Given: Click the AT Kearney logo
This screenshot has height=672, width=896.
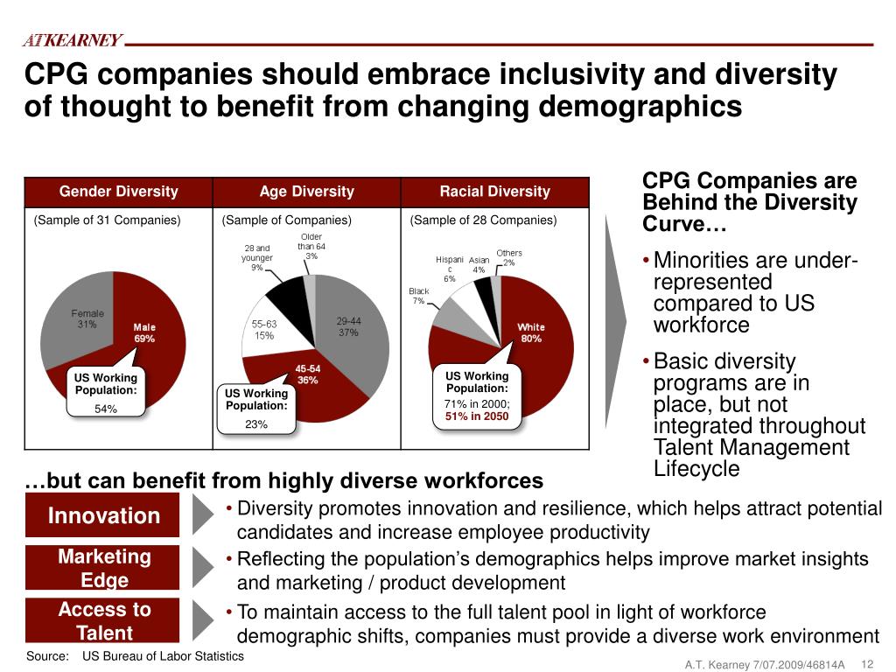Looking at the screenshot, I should click(x=72, y=41).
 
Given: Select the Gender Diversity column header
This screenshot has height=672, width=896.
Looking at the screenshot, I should click(x=118, y=192).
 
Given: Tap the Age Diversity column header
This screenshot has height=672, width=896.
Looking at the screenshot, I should click(x=306, y=192).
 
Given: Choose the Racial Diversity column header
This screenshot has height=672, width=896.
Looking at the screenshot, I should click(x=494, y=192).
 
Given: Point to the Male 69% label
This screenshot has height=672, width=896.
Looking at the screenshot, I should click(x=144, y=333).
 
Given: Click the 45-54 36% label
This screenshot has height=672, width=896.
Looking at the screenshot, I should click(x=307, y=374).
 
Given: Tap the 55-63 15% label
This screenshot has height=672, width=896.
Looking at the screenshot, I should click(x=263, y=329).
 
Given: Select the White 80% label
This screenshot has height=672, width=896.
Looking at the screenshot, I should click(x=530, y=332).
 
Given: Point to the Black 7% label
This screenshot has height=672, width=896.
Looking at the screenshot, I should click(x=418, y=296).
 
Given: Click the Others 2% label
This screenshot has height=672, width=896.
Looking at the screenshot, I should click(x=509, y=257).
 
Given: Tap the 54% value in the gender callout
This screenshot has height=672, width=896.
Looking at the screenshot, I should click(x=106, y=409).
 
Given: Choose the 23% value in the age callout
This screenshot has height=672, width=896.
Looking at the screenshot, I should click(x=256, y=424).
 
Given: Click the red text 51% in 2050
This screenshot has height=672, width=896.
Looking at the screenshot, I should click(x=477, y=416).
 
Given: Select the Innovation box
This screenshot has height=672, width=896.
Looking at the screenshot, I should click(x=103, y=515).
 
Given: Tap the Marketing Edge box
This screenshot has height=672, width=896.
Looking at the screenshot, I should click(x=103, y=568).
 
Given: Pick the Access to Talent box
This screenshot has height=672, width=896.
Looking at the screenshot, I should click(x=103, y=620).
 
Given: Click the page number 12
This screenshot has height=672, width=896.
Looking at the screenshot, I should click(x=869, y=662).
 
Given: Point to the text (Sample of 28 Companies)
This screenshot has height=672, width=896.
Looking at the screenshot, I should click(x=483, y=220).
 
